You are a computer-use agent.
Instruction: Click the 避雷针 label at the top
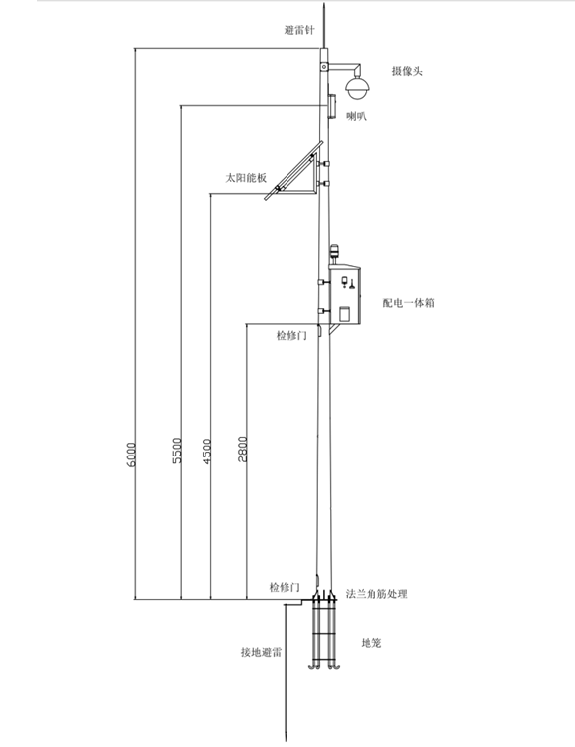click(299, 30)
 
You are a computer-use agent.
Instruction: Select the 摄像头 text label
click(407, 71)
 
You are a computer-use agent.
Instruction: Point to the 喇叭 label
click(356, 116)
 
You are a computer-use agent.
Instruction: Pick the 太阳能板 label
click(246, 178)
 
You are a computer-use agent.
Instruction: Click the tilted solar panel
click(294, 170)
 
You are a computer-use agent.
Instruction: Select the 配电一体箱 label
click(409, 303)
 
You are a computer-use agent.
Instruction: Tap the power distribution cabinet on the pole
click(346, 294)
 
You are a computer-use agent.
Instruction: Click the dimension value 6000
click(132, 455)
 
